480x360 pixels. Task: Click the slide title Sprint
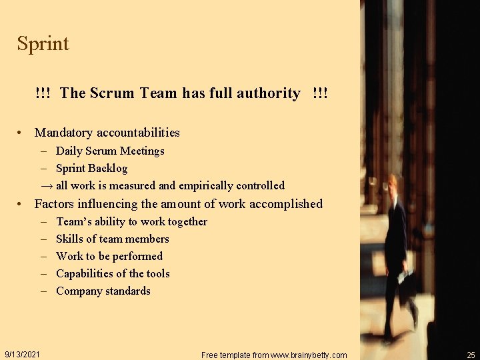pos(43,44)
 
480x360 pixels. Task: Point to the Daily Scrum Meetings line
pos(110,151)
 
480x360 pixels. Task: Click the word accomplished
pos(285,204)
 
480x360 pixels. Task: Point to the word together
pos(183,221)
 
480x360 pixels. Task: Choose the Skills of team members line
pos(113,239)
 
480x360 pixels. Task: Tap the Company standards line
pos(103,291)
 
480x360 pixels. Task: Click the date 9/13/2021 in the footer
pos(22,354)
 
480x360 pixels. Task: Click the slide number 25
pos(471,355)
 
